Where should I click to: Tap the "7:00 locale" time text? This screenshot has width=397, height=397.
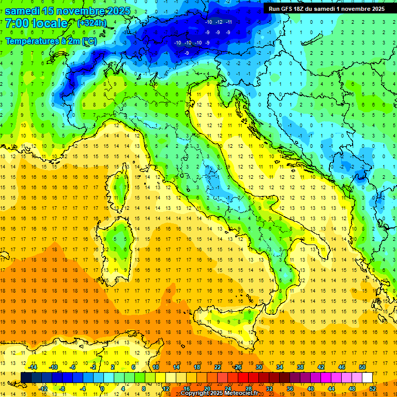coord(36,23)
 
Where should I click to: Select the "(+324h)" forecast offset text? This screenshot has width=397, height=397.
coord(91,23)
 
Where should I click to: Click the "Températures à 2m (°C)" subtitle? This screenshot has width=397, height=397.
coord(51,40)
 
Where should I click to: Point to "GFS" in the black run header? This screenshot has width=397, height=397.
coord(289,9)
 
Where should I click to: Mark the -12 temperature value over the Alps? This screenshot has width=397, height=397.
coord(219,22)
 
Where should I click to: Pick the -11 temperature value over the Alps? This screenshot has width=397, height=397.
coord(228,22)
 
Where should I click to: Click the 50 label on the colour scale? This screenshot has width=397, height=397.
coord(362,367)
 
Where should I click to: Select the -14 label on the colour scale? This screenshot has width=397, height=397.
coord(33,367)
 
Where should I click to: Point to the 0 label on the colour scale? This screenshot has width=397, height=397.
coord(102,388)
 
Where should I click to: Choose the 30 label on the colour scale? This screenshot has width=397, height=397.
coord(258,367)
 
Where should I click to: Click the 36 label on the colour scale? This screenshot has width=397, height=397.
coord(289,388)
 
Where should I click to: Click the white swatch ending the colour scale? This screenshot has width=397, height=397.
coord(367,377)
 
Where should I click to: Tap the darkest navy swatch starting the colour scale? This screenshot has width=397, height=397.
coord(26,377)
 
